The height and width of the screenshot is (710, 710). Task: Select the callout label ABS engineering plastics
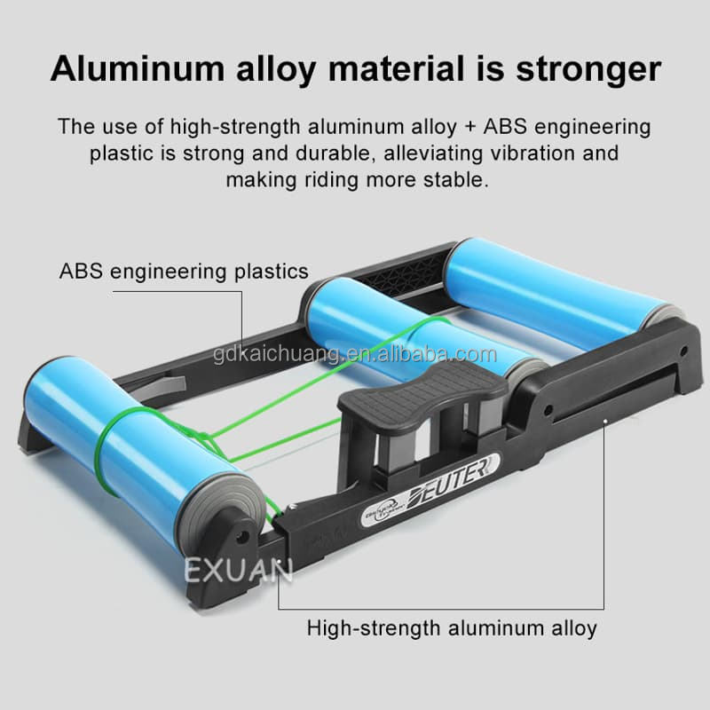(184, 271)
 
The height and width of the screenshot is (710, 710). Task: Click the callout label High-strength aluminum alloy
(452, 628)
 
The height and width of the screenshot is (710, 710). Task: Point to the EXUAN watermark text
(238, 568)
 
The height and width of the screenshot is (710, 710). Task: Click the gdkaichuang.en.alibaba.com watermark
(355, 356)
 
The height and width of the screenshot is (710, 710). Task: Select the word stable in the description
(457, 180)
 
